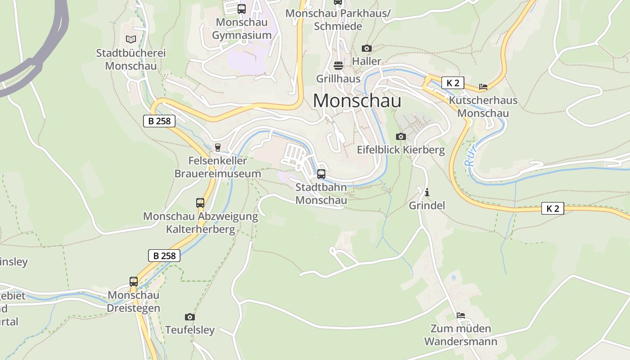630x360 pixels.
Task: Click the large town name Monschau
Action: [x=357, y=100]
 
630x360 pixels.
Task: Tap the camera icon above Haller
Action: [x=367, y=48]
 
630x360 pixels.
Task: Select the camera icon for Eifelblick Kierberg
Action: [x=400, y=136]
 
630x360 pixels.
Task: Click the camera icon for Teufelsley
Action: [x=190, y=317]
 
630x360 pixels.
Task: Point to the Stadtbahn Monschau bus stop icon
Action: [x=321, y=174]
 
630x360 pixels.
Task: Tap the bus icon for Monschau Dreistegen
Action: [x=134, y=282]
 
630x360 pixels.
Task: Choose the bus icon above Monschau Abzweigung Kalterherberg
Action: [x=200, y=202]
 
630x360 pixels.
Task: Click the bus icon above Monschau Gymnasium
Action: [x=242, y=9]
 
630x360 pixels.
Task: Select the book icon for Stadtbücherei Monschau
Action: [x=130, y=40]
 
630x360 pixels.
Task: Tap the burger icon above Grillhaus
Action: [x=338, y=66]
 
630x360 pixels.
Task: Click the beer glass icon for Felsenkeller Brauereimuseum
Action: [x=218, y=147]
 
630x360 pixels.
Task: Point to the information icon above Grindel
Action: [x=427, y=193]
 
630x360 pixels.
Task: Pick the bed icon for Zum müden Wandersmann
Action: [x=460, y=315]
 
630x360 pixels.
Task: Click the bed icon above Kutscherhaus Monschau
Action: [x=483, y=86]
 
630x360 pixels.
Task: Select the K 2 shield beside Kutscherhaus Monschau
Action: [x=453, y=83]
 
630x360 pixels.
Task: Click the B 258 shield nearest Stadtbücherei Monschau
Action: [x=159, y=121]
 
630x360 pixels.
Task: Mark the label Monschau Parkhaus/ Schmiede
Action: [x=338, y=20]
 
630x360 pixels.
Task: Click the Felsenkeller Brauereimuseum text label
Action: [x=218, y=167]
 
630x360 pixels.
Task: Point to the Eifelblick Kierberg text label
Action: [x=400, y=150]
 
